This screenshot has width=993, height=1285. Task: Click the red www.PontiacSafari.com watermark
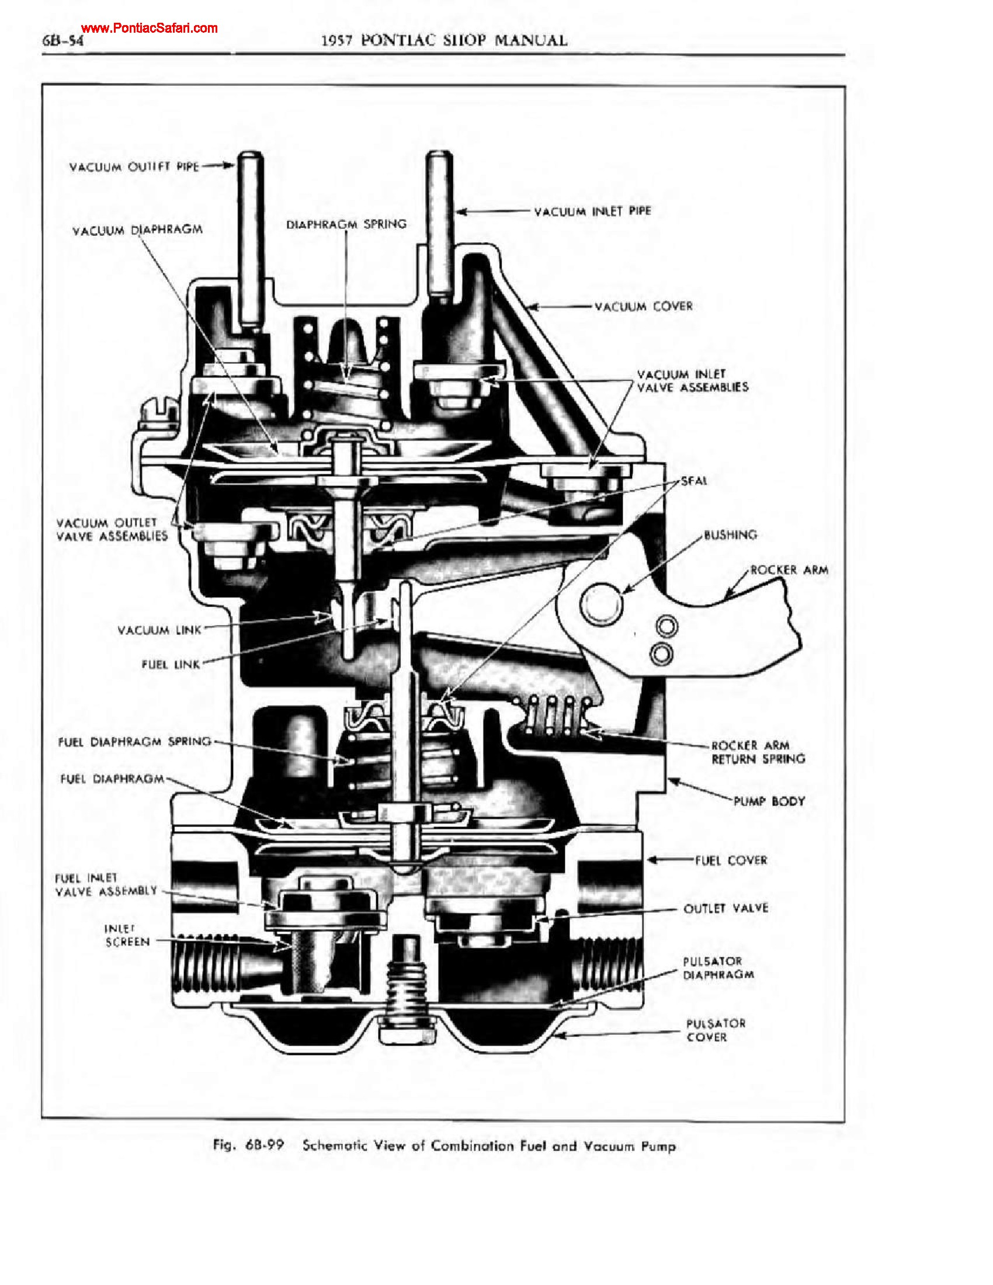coord(150,27)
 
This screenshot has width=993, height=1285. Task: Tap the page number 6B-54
coord(63,42)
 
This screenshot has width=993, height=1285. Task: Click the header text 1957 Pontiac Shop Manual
coord(444,41)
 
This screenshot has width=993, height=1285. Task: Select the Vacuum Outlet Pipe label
coord(134,167)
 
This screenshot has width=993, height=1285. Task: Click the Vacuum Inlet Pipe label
coord(592,211)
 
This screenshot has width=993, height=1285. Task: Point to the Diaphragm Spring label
coord(346,224)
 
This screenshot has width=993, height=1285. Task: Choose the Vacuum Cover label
coord(644,307)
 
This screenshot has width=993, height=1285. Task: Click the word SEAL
coord(694,481)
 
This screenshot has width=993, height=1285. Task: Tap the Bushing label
coord(730,535)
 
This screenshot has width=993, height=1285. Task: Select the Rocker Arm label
coord(789,569)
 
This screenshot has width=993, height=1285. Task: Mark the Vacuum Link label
coord(159,630)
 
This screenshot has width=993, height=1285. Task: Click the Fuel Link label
coord(171,664)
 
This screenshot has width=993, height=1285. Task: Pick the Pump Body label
coord(769,801)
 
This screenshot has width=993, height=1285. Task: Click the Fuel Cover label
coord(731,860)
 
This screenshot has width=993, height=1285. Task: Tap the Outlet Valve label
coord(725,908)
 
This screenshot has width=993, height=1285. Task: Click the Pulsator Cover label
coord(716,1030)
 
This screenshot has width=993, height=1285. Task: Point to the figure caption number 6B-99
coord(265,1145)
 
